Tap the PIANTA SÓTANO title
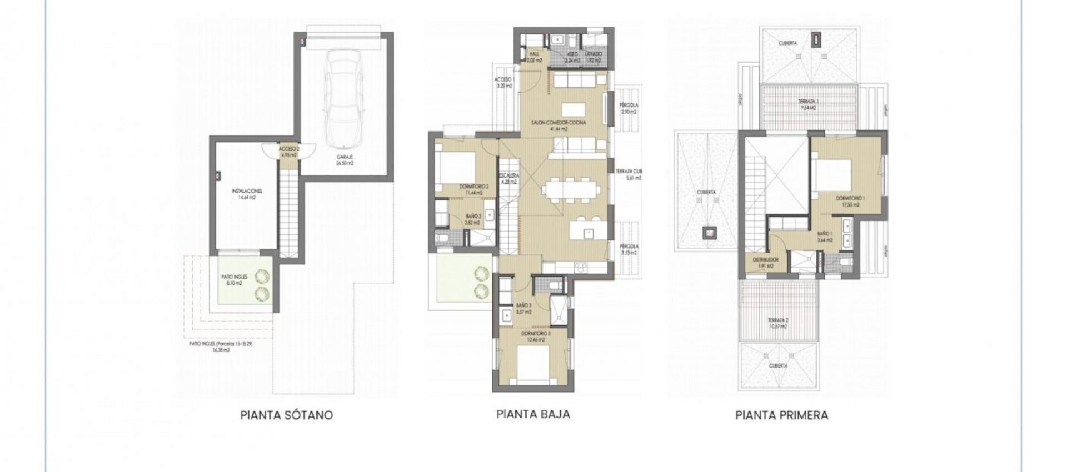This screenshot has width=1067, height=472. pos(286,415)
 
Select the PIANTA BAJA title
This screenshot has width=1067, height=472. pos(533,414)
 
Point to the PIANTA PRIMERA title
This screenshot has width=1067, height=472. pos(781,415)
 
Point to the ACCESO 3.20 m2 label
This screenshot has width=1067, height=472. pos(502,82)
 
